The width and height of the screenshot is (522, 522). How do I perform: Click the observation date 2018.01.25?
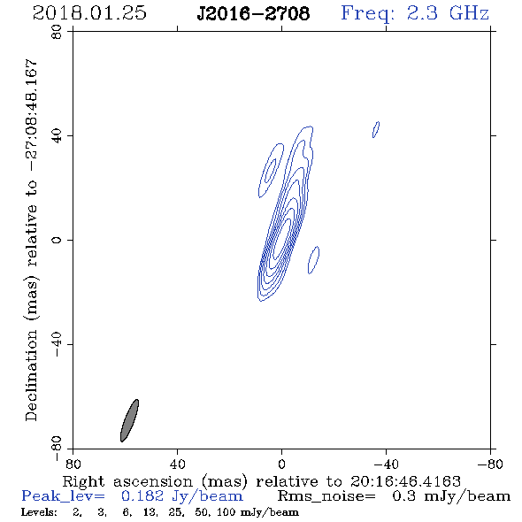(89, 13)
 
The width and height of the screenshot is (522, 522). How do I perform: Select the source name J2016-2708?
(253, 13)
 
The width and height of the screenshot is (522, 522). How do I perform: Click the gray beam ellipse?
(129, 420)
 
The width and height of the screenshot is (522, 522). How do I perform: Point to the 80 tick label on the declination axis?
(57, 32)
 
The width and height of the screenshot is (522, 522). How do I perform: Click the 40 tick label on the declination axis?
(57, 136)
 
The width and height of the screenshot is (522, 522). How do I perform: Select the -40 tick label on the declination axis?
(57, 344)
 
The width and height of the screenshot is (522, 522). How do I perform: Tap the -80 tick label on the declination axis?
(57, 449)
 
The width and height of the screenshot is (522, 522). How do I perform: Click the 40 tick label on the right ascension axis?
(177, 464)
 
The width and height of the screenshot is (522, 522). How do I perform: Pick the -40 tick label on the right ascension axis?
(386, 464)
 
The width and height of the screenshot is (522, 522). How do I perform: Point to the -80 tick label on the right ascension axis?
(490, 464)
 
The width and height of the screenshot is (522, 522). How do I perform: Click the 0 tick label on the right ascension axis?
(281, 464)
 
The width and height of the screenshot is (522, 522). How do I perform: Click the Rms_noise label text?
(326, 496)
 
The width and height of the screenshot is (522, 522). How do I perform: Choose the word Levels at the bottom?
(39, 512)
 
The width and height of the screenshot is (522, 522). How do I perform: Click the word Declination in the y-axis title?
(31, 375)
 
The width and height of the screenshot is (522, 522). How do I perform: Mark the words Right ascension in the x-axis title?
(127, 482)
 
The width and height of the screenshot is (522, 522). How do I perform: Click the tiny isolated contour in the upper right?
(376, 129)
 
